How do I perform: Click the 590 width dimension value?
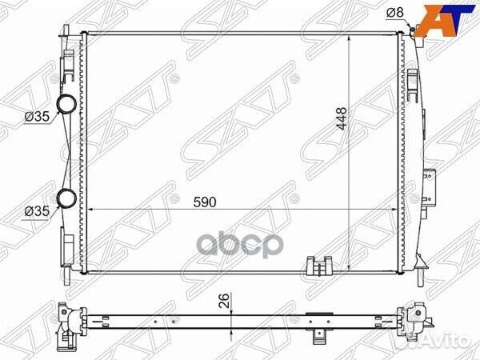(205, 202)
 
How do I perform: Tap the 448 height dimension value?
(341, 118)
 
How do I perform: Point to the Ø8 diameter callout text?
(395, 13)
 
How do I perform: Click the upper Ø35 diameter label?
(37, 116)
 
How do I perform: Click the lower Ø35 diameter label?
(37, 211)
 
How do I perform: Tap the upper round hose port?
(66, 103)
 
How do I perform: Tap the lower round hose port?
(66, 198)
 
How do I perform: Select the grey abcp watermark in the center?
(240, 246)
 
